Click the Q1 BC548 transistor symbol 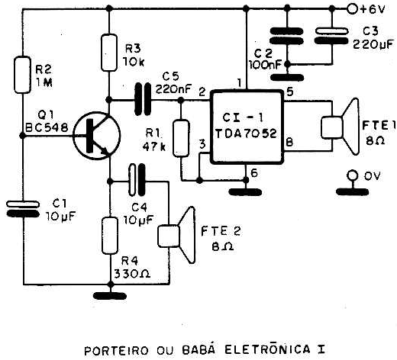pos(97,136)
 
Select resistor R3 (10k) pos(109,53)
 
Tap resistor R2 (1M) pos(22,75)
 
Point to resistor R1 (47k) pos(181,138)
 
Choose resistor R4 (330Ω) pos(110,236)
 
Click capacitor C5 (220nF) pos(143,99)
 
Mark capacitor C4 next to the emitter pos(137,180)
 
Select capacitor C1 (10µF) pos(23,209)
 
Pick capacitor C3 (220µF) pos(331,36)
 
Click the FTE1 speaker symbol pos(341,127)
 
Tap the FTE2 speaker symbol pos(177,235)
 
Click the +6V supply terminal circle pos(352,9)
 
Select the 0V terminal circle pos(353,175)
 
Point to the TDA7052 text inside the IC pos(246,133)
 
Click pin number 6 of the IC pos(254,173)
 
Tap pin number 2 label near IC pos(202,92)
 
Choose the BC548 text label pos(47,127)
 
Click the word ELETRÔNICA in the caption pos(267,349)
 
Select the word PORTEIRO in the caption pos(116,351)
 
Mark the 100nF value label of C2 pos(266,66)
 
